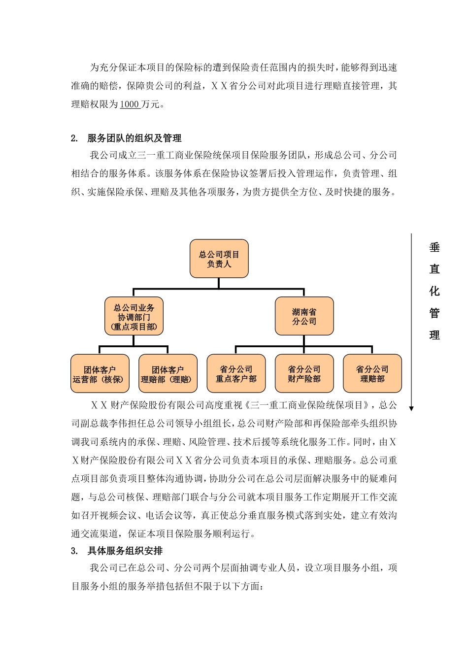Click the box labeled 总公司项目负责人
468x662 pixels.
pyautogui.click(x=219, y=259)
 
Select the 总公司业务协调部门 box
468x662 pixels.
pyautogui.click(x=134, y=316)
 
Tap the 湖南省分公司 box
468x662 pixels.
pyautogui.click(x=304, y=316)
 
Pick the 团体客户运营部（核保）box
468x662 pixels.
pyautogui.click(x=100, y=374)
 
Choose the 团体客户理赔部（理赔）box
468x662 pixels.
pyautogui.click(x=167, y=374)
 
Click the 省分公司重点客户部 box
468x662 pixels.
pyautogui.click(x=236, y=374)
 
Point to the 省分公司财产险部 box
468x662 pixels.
pyautogui.click(x=304, y=374)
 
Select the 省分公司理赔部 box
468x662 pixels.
pyautogui.click(x=372, y=374)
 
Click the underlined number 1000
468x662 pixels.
pyautogui.click(x=130, y=104)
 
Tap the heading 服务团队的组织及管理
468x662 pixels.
pyautogui.click(x=134, y=138)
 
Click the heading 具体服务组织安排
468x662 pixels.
pyautogui.click(x=125, y=551)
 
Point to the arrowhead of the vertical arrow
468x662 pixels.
pyautogui.click(x=412, y=408)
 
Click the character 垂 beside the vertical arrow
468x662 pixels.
pyautogui.click(x=435, y=247)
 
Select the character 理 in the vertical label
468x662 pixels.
pyautogui.click(x=435, y=335)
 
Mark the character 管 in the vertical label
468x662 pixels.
pyautogui.click(x=435, y=313)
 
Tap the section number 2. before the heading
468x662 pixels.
pyautogui.click(x=74, y=138)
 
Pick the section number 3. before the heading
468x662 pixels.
pyautogui.click(x=74, y=551)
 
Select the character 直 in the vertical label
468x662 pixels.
pyautogui.click(x=435, y=269)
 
